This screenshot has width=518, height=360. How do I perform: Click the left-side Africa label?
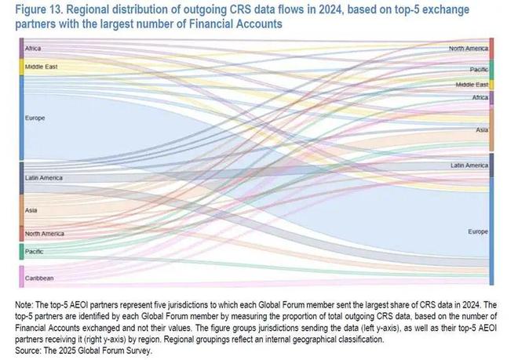(33, 49)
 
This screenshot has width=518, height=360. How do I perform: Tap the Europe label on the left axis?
(35, 118)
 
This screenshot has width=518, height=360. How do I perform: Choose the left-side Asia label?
(31, 210)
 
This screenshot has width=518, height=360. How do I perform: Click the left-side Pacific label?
(33, 251)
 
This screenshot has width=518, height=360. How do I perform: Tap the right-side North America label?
(468, 49)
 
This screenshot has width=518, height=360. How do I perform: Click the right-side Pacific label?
(478, 69)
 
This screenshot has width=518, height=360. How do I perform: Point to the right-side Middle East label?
(472, 84)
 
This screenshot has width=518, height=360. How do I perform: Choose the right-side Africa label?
(479, 97)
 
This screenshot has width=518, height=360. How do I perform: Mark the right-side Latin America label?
(469, 165)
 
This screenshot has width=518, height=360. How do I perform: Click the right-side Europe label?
(477, 232)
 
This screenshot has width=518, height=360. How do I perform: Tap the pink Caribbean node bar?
(21, 276)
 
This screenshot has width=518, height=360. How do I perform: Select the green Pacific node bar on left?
(21, 251)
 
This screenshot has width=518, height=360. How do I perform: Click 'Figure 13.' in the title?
(33, 10)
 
